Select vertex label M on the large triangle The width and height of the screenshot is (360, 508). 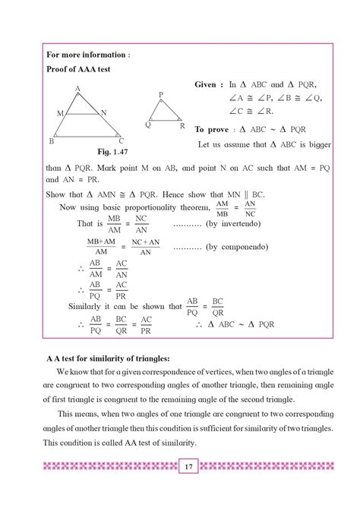[59, 113]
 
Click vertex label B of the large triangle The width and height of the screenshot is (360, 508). [51, 141]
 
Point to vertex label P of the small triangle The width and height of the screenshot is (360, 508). [161, 95]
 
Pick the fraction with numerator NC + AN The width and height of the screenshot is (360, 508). [144, 248]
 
